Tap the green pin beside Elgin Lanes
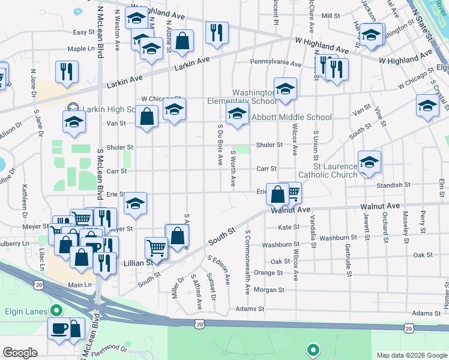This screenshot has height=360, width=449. [x=56, y=311]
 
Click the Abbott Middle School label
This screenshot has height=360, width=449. [x=292, y=118]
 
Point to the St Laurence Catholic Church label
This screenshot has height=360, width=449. [x=335, y=170]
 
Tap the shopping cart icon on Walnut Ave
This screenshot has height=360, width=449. [x=292, y=193]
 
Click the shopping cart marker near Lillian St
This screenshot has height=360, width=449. [x=156, y=247]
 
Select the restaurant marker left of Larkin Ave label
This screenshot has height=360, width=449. [x=67, y=72]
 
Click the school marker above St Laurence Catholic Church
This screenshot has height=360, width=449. [x=369, y=161]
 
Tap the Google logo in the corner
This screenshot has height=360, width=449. [x=20, y=353]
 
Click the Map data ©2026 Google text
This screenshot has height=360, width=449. [x=411, y=355]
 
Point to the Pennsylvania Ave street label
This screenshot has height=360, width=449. [x=276, y=63]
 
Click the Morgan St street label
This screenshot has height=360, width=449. [x=268, y=290]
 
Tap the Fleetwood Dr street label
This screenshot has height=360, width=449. [x=109, y=346]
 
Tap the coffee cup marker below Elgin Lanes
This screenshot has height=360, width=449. [x=59, y=329]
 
